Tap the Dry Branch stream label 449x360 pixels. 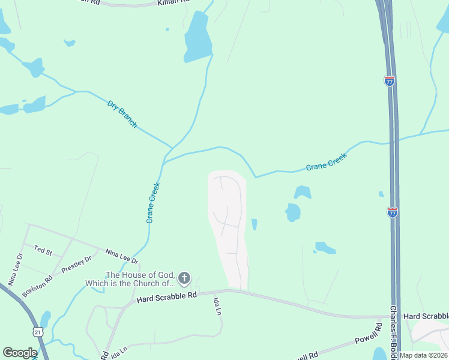(x=122, y=114)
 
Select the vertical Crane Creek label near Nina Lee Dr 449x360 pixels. (x=152, y=203)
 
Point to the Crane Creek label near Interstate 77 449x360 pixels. (x=327, y=160)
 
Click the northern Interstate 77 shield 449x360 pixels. (x=390, y=81)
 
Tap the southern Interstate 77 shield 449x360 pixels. (x=392, y=212)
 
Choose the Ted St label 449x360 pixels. (x=43, y=249)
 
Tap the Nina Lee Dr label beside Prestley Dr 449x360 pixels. (x=122, y=257)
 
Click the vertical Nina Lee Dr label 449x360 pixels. (x=16, y=268)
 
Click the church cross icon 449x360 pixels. (x=184, y=278)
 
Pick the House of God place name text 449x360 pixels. (x=140, y=279)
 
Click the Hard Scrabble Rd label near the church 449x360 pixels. (x=166, y=296)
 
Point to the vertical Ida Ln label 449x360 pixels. (x=217, y=307)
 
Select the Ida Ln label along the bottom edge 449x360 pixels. (x=119, y=350)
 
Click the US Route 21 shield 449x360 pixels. (x=37, y=331)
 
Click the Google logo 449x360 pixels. (x=20, y=353)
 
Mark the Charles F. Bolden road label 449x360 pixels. (x=393, y=332)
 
